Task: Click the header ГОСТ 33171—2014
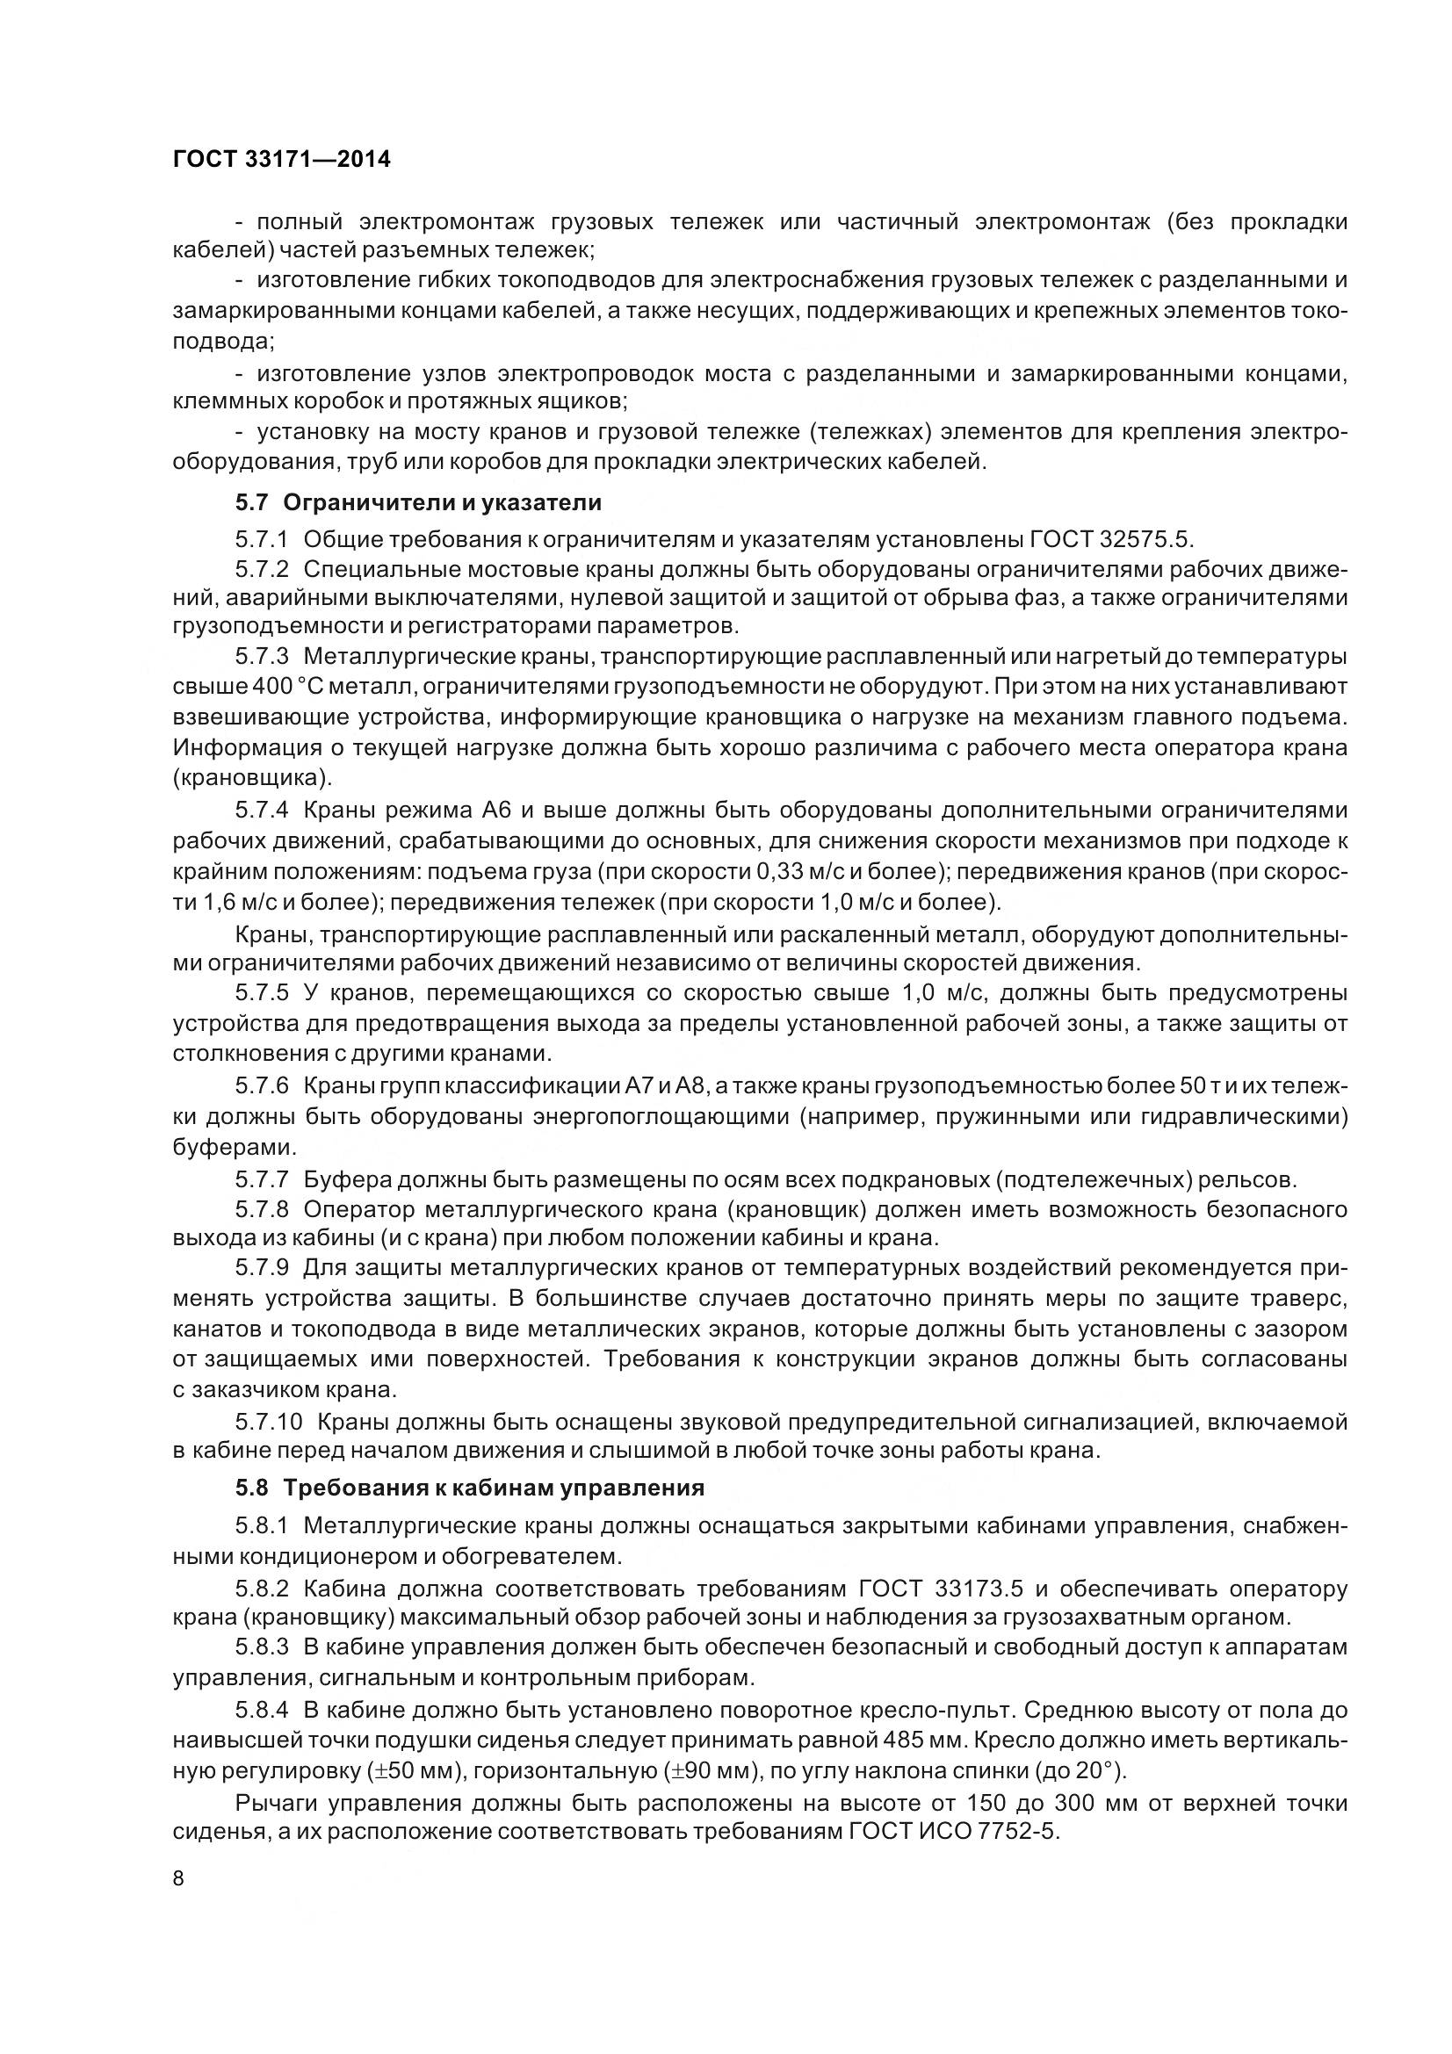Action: point(281,160)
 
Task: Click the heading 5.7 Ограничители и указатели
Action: point(418,503)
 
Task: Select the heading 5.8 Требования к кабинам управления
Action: point(470,1488)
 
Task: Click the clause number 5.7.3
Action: point(262,657)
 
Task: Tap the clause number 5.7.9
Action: point(262,1270)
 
